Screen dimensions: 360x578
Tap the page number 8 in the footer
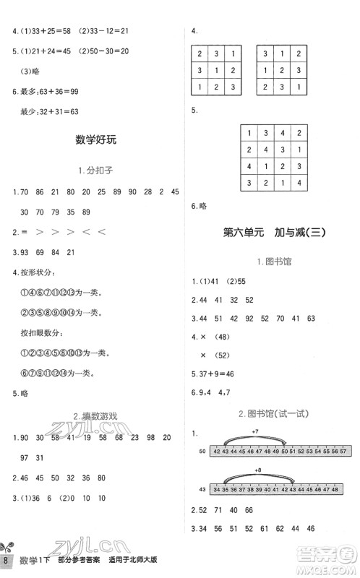tap(7, 561)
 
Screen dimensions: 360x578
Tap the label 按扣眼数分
tap(38, 333)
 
